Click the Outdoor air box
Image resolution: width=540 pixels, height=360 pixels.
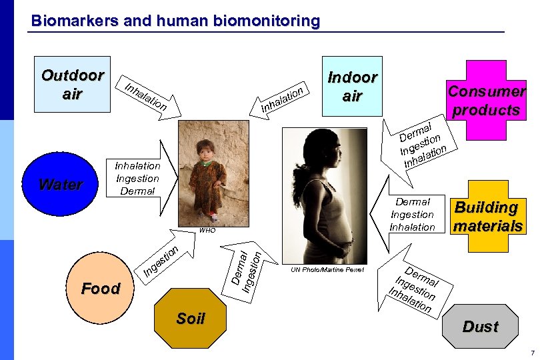point(72,84)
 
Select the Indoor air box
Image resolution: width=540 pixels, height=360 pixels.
point(351,87)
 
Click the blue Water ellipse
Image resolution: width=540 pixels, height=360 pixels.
point(61,184)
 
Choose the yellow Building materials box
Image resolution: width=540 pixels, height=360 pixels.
point(487,217)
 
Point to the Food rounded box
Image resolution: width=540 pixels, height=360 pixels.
point(100,289)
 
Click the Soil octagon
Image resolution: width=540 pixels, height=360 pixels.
point(190,319)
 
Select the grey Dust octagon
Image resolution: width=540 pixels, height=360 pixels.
point(480,326)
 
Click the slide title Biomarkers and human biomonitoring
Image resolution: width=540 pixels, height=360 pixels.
point(175,21)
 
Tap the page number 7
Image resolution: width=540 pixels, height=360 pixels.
point(532,352)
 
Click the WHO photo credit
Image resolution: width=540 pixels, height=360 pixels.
point(207,230)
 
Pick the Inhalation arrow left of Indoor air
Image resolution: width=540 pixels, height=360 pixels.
point(283,99)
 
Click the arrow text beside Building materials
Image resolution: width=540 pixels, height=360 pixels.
point(411,214)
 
